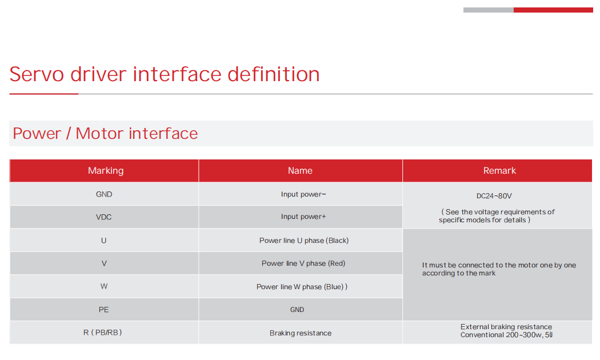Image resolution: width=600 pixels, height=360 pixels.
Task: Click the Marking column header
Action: [x=106, y=171]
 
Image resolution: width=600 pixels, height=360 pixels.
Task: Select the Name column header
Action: [x=301, y=171]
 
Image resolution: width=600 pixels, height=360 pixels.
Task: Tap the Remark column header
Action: [x=499, y=171]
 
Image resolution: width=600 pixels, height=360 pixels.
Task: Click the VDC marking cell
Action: [x=103, y=217]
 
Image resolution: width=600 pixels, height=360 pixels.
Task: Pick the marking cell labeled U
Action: [x=103, y=241]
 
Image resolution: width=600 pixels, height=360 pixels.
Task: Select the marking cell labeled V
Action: [x=103, y=263]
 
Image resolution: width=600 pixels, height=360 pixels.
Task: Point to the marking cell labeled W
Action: [x=103, y=286]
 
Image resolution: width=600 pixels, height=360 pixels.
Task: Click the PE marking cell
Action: [x=103, y=310]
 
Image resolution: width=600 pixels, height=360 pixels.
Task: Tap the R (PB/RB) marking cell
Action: [x=102, y=333]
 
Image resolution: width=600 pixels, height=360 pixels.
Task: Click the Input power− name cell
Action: [x=303, y=194]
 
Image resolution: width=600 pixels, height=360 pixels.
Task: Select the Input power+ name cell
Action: [x=303, y=217]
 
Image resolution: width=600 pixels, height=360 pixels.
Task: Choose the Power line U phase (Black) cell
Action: [x=304, y=241]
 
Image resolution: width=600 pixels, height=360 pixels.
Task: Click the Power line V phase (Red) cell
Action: [x=303, y=263]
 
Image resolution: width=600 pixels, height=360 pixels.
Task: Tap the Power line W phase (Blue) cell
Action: [x=302, y=287]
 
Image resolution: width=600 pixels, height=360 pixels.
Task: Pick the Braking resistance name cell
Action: [x=301, y=333]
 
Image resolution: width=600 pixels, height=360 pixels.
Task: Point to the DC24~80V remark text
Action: [x=494, y=196]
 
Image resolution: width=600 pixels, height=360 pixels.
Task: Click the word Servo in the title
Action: [x=37, y=74]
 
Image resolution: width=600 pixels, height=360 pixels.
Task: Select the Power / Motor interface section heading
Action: [x=105, y=134]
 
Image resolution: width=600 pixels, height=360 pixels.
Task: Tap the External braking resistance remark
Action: [x=506, y=327]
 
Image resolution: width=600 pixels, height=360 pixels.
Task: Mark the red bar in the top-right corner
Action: [x=553, y=10]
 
